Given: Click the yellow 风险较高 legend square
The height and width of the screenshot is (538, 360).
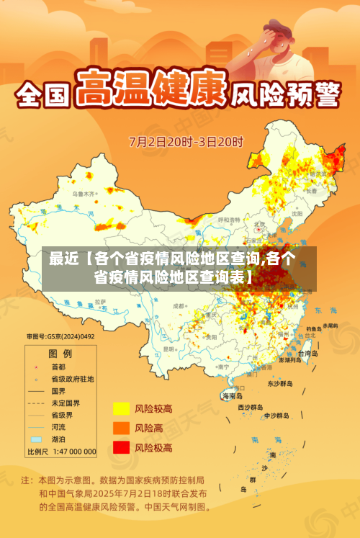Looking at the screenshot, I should tap(121, 409).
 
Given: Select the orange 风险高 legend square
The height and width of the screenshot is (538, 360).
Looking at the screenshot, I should tap(121, 428).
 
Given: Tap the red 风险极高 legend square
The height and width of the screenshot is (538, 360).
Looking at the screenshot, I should tap(121, 447).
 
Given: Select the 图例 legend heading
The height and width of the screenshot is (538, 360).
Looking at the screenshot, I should tap(60, 354).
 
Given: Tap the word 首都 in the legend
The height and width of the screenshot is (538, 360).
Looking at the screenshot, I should tap(60, 366).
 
